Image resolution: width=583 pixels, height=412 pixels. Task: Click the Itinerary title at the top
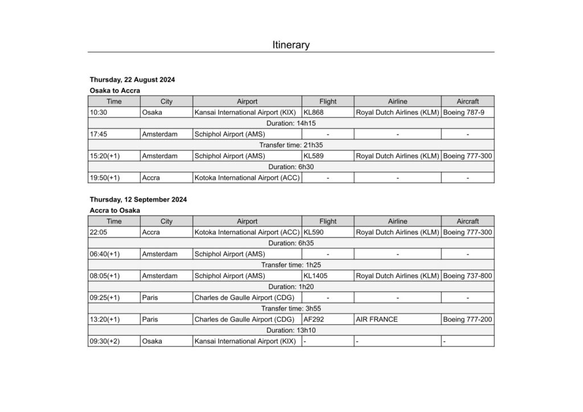pyautogui.click(x=291, y=45)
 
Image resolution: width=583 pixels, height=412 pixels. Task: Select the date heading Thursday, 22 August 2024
pyautogui.click(x=132, y=80)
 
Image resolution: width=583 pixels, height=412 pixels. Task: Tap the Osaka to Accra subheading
pyautogui.click(x=114, y=90)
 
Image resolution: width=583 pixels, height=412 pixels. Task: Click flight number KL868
pyautogui.click(x=314, y=113)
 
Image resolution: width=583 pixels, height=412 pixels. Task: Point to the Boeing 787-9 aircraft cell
pyautogui.click(x=463, y=113)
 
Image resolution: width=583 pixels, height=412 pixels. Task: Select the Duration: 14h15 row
pyautogui.click(x=291, y=123)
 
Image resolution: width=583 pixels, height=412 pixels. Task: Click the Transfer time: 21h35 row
pyautogui.click(x=291, y=145)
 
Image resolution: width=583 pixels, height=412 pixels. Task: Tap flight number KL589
pyautogui.click(x=314, y=156)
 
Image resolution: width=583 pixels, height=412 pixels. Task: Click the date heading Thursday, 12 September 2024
pyautogui.click(x=138, y=200)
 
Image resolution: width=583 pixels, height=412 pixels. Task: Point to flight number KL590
pyautogui.click(x=314, y=232)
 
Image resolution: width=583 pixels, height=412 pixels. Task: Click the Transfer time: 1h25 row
pyautogui.click(x=291, y=265)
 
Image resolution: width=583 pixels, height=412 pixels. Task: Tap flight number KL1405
pyautogui.click(x=315, y=276)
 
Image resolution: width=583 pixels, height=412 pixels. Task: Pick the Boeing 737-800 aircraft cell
pyautogui.click(x=467, y=276)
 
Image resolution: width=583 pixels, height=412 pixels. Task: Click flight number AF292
pyautogui.click(x=314, y=320)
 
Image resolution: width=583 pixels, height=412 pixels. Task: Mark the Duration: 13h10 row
pyautogui.click(x=291, y=331)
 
